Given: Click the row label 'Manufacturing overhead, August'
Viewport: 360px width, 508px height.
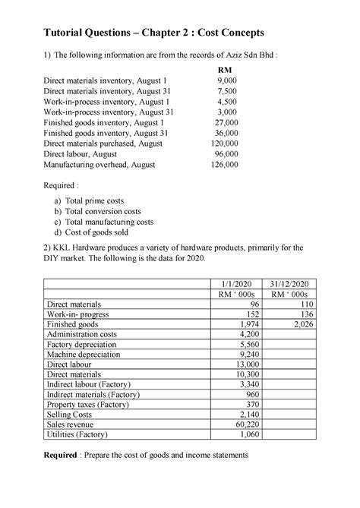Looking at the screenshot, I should tap(99, 164).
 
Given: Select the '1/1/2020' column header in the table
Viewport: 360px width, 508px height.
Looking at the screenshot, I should tap(232, 282).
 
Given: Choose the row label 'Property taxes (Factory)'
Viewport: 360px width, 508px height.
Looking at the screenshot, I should tap(93, 404).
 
